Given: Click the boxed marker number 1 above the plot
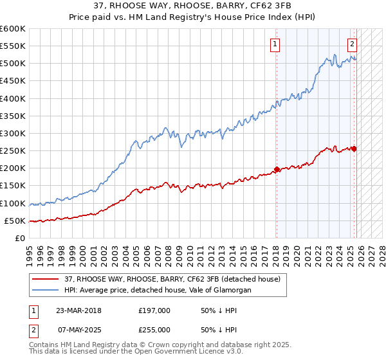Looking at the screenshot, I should tap(275, 44).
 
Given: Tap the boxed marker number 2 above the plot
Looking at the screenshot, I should tap(353, 44).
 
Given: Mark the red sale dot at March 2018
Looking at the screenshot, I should tap(277, 170).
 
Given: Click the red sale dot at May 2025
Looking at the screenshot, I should tap(354, 149).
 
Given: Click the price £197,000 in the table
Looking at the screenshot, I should tap(154, 310).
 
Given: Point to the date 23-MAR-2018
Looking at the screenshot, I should tap(78, 310).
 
